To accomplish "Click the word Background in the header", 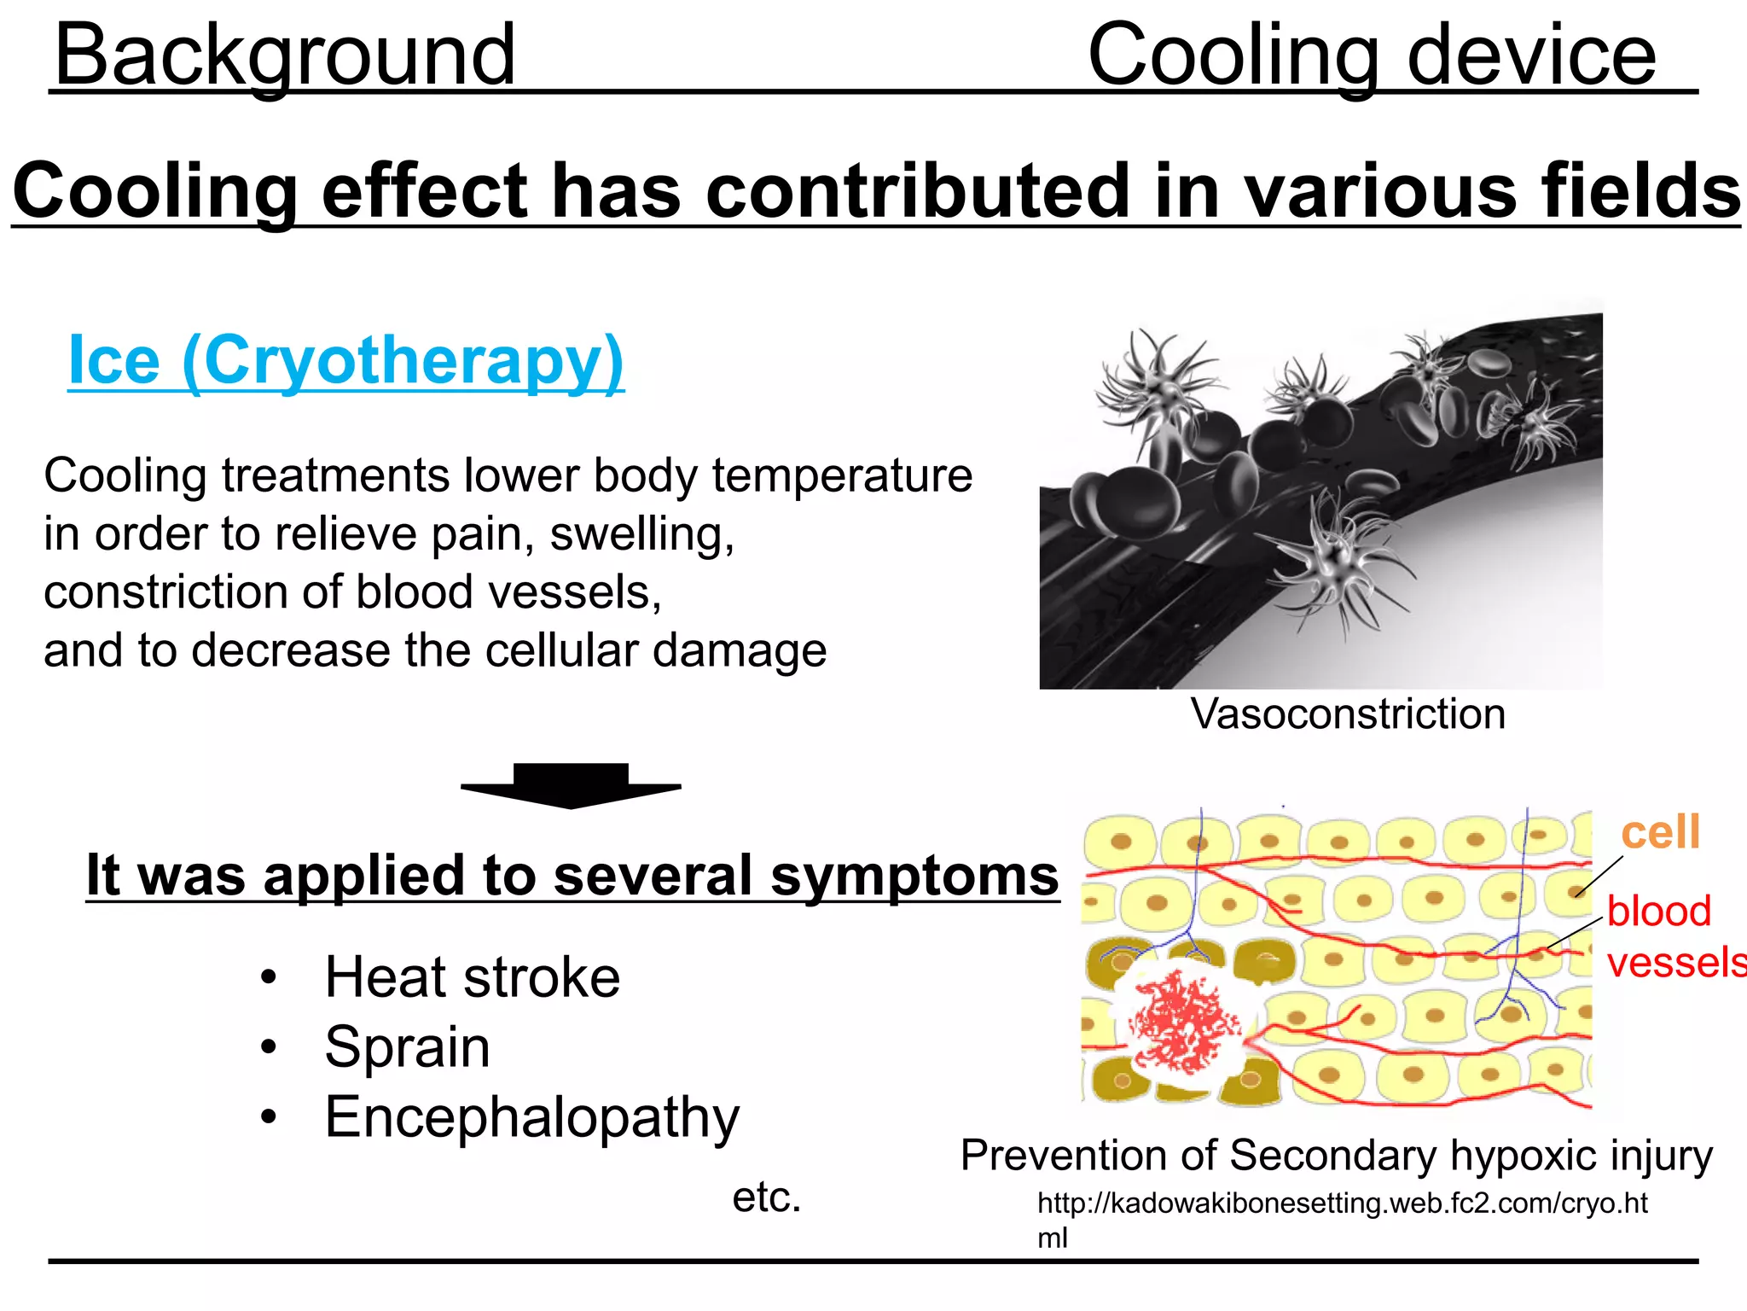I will (284, 55).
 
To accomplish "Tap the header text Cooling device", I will (1372, 55).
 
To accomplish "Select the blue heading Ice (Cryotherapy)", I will (345, 360).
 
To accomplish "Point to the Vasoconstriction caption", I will (1348, 714).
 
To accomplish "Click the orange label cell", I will (1659, 831).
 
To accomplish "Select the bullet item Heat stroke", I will (472, 977).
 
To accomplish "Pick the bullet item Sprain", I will (407, 1047).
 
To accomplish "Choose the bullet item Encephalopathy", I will (531, 1117).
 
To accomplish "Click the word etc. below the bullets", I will (766, 1197).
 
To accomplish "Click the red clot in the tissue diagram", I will (1184, 1022).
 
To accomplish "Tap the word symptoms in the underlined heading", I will (914, 877).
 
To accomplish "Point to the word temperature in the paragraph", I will (842, 476).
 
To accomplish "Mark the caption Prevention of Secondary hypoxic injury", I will (1336, 1156).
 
